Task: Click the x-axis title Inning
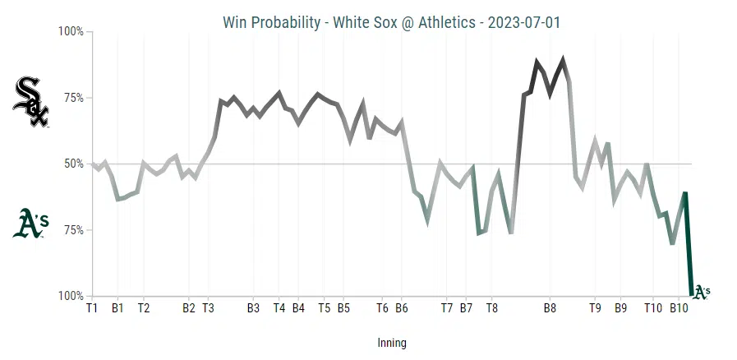392,343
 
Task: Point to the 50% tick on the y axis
72,164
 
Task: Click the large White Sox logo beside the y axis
31,102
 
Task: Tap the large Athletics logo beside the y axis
30,223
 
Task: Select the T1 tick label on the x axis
92,309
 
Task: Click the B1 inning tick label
117,309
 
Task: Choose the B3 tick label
253,309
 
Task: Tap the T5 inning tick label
324,309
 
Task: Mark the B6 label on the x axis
401,309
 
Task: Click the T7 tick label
447,309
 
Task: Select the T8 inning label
491,309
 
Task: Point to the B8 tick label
550,309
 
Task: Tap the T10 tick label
652,309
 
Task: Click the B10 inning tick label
678,309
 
